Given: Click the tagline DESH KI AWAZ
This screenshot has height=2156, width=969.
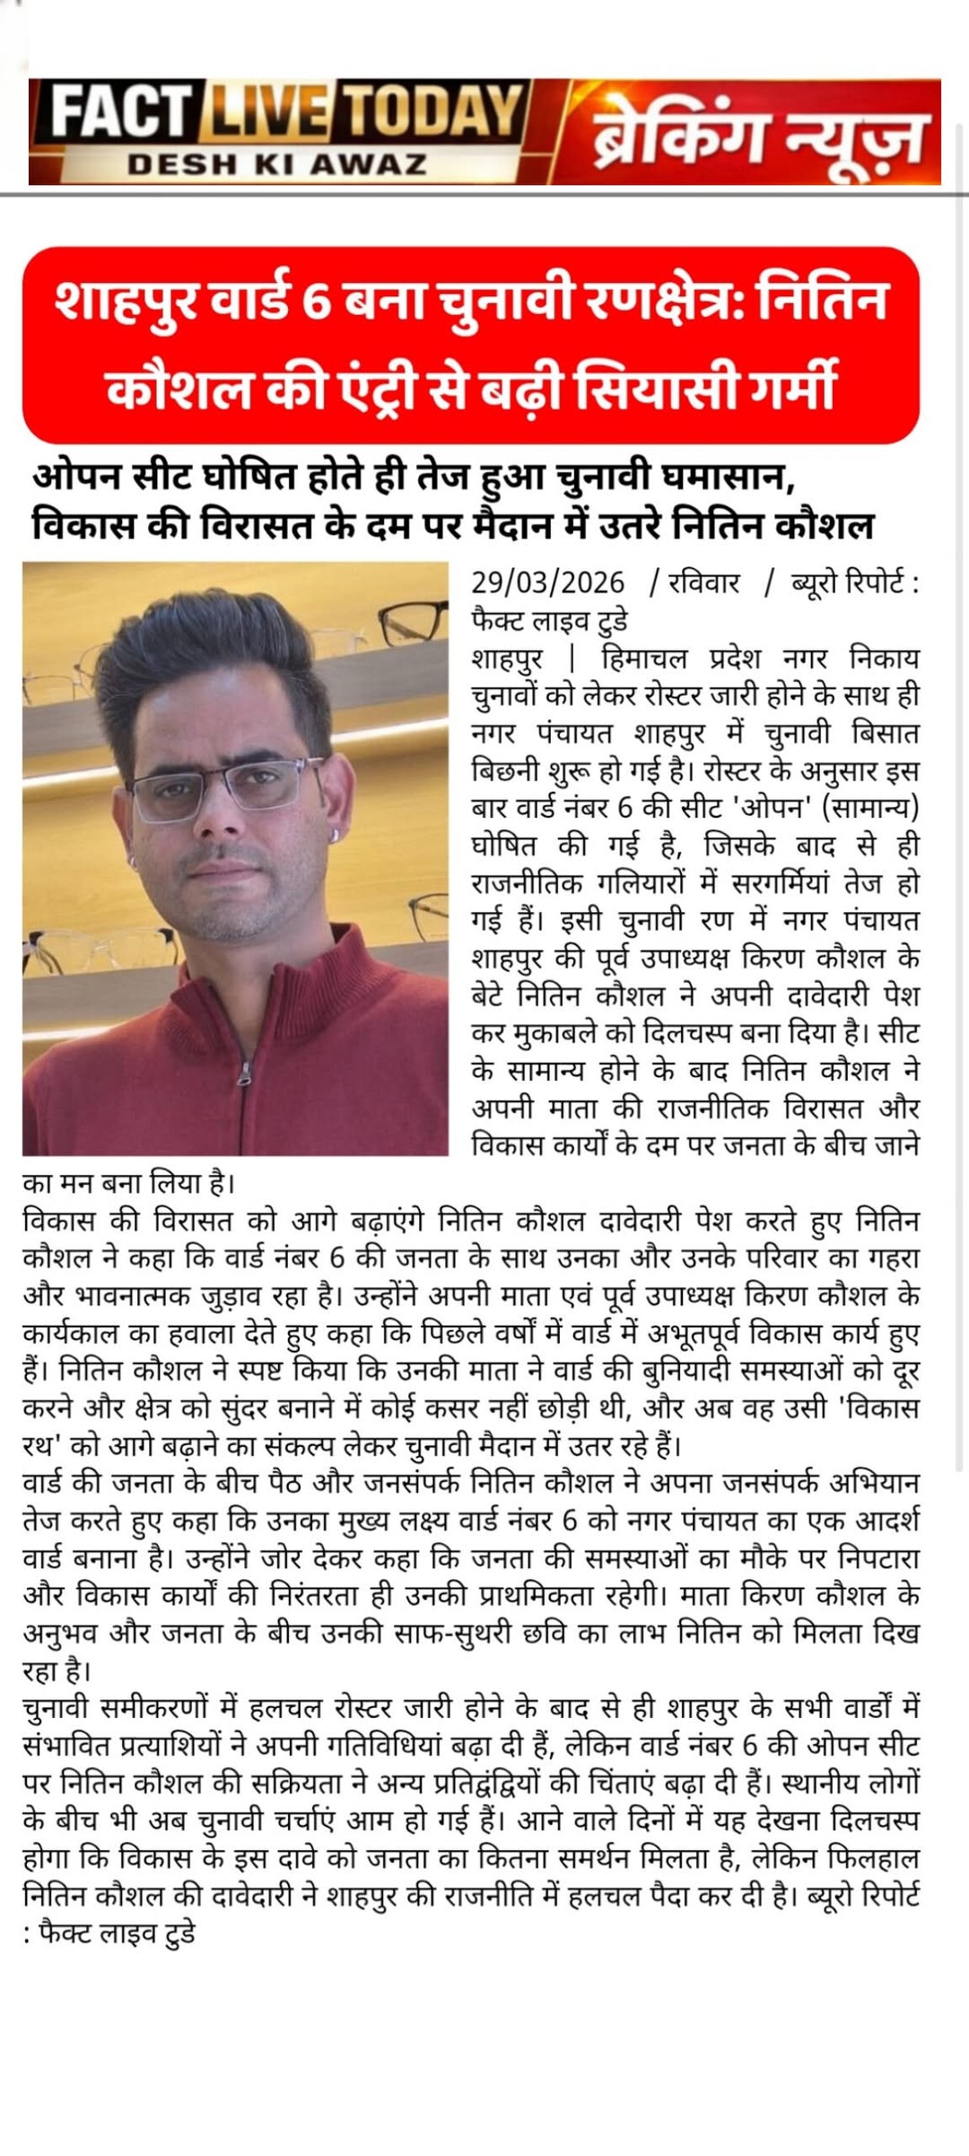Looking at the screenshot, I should [276, 164].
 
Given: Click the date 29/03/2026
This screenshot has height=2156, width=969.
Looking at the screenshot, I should [547, 583].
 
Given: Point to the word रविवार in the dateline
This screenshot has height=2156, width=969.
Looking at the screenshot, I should [703, 583].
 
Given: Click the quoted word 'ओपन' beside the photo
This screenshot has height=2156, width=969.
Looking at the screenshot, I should [772, 808].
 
